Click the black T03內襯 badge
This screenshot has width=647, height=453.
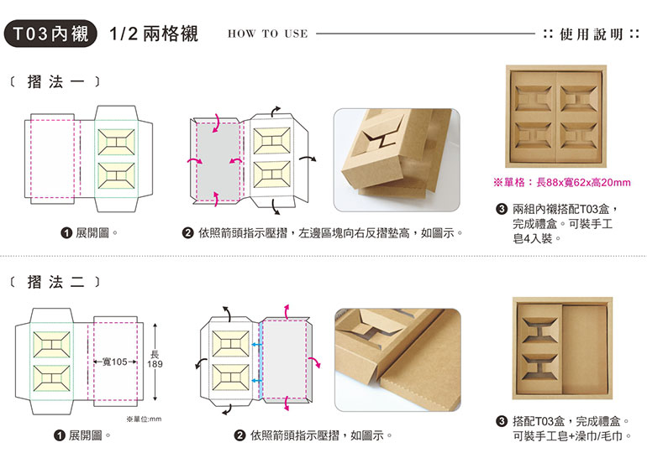click(50, 34)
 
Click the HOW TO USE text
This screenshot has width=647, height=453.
click(267, 34)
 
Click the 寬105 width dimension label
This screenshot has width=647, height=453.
click(113, 362)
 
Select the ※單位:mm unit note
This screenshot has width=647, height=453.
click(143, 418)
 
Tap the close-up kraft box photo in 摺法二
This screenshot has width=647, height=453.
click(397, 359)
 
